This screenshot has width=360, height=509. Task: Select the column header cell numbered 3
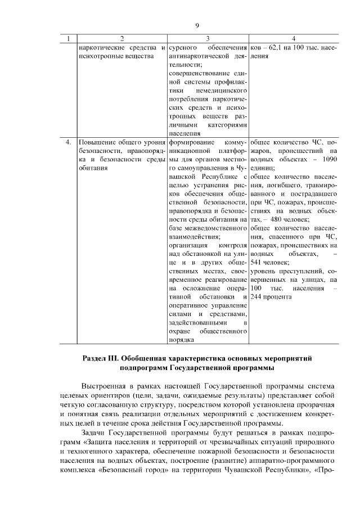coord(208,38)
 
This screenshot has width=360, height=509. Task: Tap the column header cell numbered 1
coord(69,38)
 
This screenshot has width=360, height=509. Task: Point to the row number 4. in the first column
coord(69,142)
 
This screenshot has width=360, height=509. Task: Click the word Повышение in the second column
coord(97,142)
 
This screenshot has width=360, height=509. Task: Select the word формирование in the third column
coord(192,142)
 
